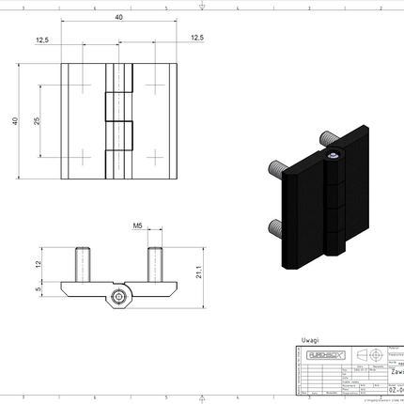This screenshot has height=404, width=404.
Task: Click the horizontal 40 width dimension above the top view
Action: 118,18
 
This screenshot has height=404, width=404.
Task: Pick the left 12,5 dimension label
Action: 42,39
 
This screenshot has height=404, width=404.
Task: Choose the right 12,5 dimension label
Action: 195,38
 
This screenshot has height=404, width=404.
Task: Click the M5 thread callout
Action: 137,226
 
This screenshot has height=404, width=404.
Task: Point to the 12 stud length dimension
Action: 38,263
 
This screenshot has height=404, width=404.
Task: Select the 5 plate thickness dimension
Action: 38,289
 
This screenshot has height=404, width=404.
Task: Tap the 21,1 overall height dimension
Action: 199,273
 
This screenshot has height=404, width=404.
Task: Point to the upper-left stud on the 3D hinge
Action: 278,168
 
